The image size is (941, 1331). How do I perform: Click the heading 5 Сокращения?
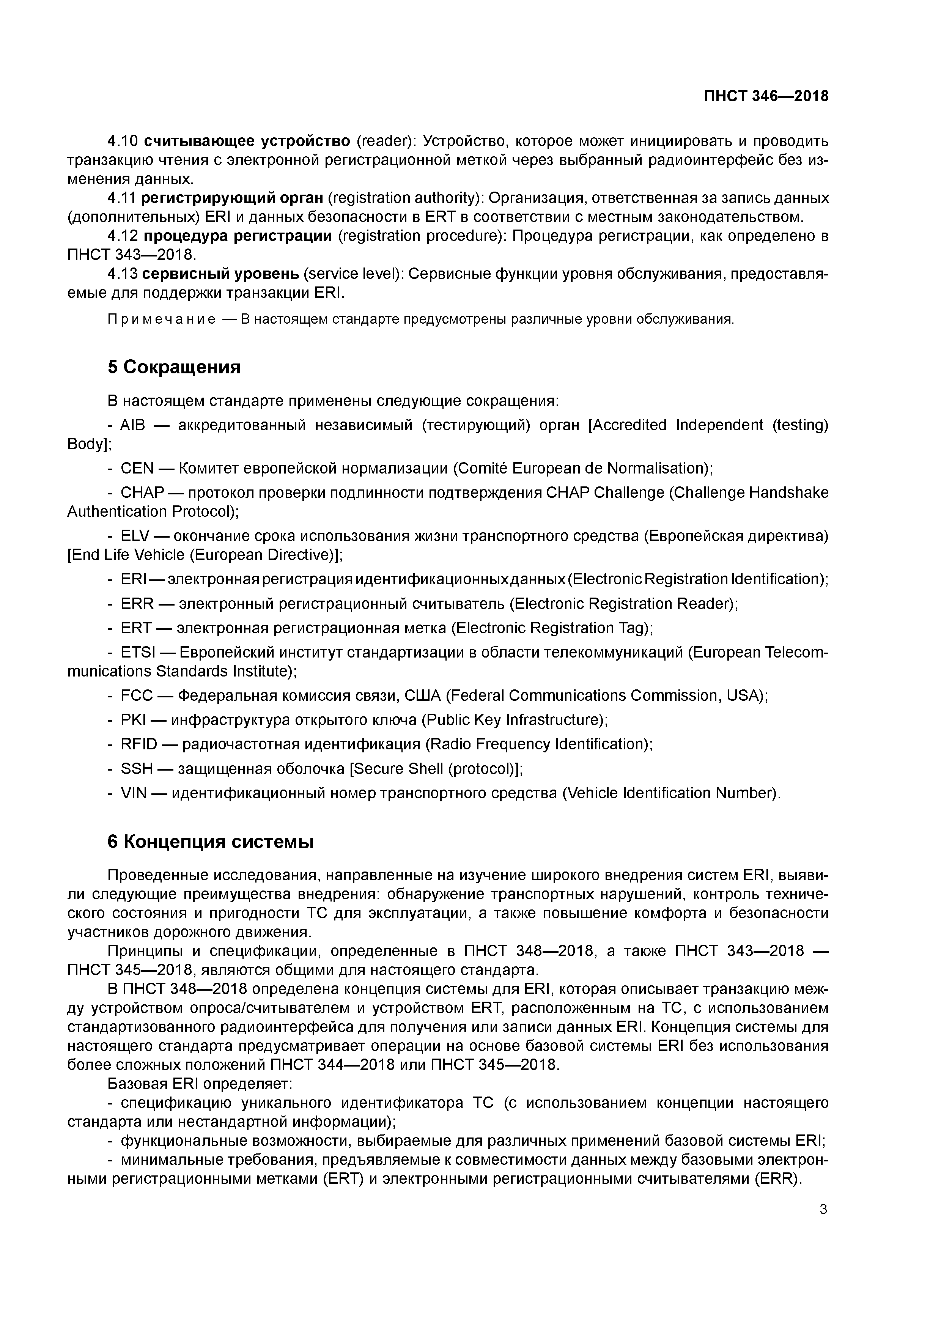[174, 367]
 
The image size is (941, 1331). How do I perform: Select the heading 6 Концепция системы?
[211, 842]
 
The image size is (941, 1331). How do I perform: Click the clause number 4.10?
[122, 141]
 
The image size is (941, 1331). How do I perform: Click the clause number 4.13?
[122, 274]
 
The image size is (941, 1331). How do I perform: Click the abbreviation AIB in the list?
[132, 425]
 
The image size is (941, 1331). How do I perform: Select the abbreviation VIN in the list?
[133, 793]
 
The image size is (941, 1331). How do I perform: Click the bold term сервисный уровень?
[221, 274]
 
